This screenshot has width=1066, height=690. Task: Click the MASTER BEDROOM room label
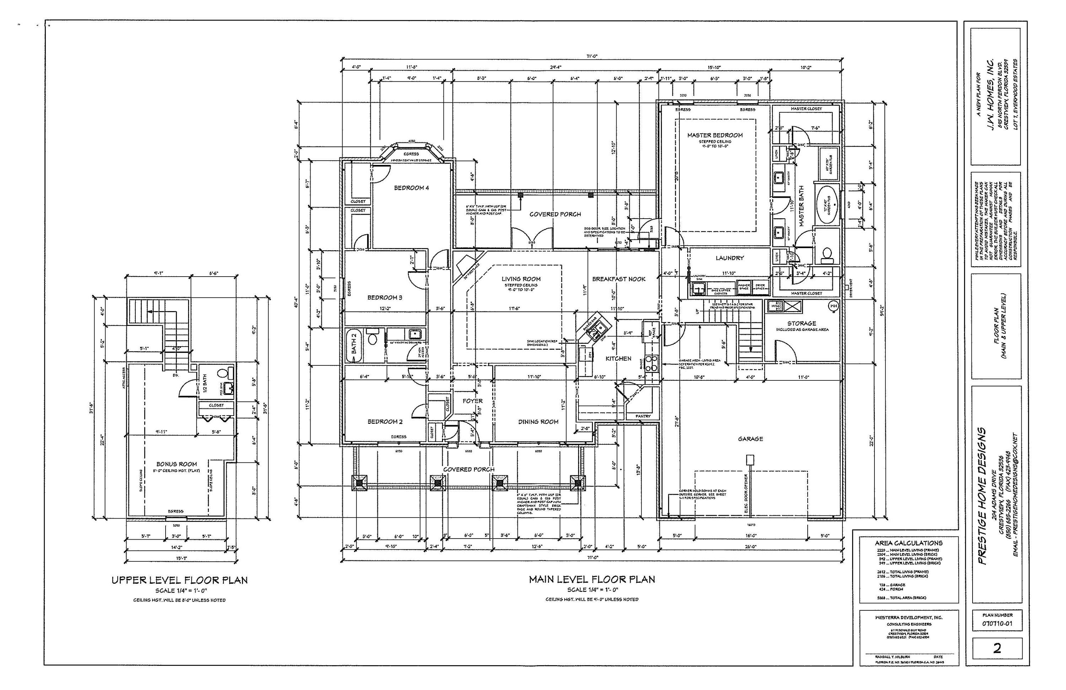[x=715, y=135]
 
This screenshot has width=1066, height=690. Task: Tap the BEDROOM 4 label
[x=411, y=188]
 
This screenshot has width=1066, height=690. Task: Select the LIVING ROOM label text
[x=521, y=279]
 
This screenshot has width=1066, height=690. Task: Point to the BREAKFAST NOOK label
[x=619, y=279]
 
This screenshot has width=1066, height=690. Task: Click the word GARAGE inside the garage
[x=750, y=439]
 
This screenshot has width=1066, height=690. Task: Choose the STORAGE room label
[x=802, y=323]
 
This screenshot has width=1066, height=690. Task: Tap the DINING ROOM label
[x=538, y=421]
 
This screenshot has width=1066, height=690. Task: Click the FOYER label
[x=472, y=401]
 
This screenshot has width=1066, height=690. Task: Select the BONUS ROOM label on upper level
[x=177, y=464]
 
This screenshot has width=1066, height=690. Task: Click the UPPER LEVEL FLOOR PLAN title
[x=179, y=580]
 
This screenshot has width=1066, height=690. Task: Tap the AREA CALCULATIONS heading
[x=908, y=542]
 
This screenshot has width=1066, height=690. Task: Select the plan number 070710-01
[x=997, y=623]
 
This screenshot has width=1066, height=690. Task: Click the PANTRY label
[x=643, y=416]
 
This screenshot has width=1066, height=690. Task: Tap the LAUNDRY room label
[x=729, y=258]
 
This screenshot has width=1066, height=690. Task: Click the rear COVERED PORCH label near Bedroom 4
[x=555, y=214]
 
